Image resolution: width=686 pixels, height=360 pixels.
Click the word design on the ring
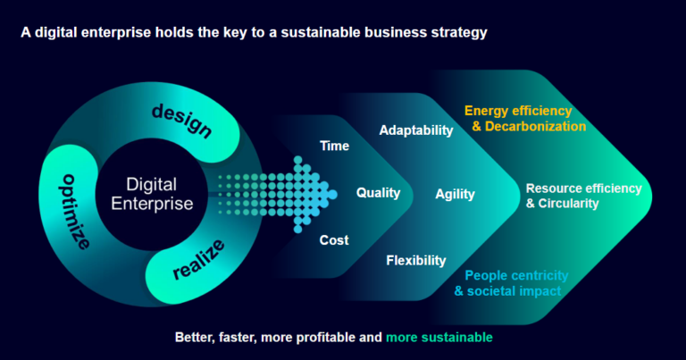click(182, 121)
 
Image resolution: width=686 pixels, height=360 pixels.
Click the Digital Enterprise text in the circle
click(151, 194)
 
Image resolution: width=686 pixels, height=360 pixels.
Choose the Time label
click(334, 146)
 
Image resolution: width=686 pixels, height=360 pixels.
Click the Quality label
click(378, 192)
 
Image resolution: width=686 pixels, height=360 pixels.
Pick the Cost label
click(334, 239)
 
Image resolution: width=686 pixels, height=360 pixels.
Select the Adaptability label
click(416, 130)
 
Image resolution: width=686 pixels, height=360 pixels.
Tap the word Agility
click(455, 194)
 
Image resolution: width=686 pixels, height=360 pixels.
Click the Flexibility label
click(415, 260)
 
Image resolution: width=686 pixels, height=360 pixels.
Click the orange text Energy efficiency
click(518, 111)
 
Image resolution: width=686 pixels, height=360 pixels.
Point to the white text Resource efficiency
click(583, 188)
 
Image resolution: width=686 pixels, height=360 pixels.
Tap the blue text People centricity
click(516, 275)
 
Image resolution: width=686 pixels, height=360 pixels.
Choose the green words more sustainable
click(439, 338)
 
